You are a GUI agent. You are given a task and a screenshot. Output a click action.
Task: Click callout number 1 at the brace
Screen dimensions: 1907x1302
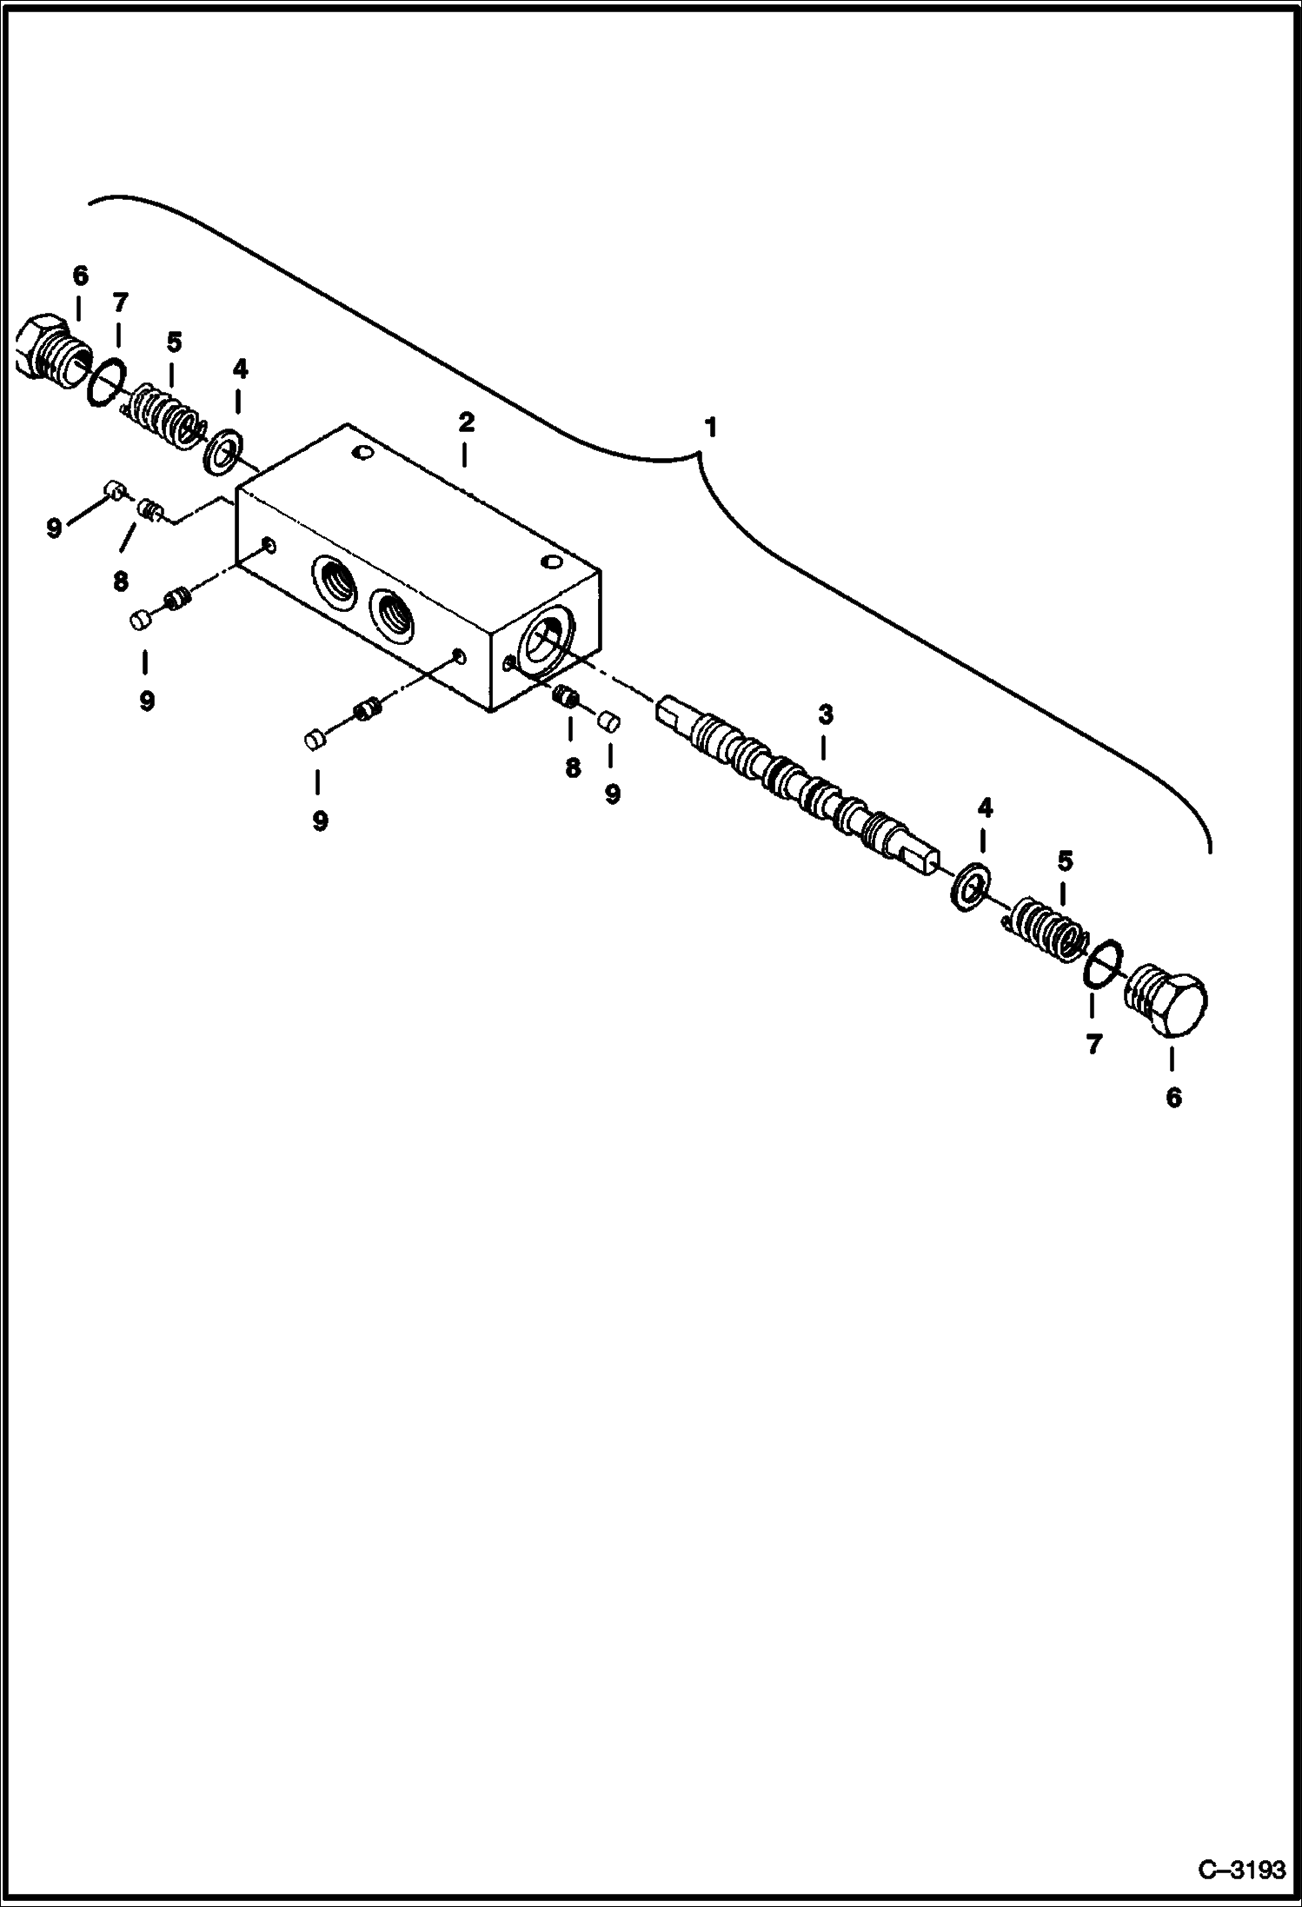click(710, 428)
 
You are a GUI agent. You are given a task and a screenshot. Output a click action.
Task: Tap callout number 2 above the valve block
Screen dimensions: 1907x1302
click(466, 423)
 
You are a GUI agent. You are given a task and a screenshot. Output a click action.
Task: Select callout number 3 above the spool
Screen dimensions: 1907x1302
click(825, 715)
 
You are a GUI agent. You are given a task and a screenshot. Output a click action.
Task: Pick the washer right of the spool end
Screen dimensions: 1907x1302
click(968, 887)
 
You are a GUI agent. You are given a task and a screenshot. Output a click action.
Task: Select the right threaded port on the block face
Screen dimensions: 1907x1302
click(390, 617)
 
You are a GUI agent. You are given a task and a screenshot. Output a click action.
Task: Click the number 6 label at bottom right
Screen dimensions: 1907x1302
click(1173, 1099)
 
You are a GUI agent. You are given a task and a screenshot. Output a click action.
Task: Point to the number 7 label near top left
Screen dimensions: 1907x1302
click(120, 302)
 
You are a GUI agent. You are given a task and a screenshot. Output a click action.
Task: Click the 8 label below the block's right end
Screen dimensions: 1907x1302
click(572, 767)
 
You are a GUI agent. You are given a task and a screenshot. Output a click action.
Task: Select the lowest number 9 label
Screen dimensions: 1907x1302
click(320, 821)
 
